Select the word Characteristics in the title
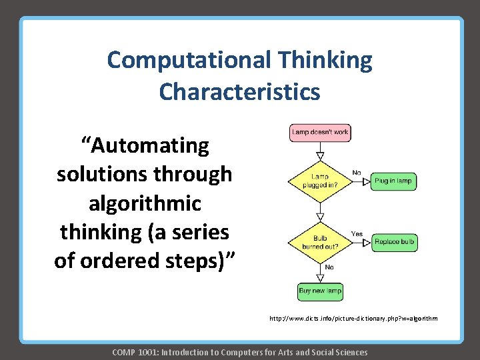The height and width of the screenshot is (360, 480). pos(239,91)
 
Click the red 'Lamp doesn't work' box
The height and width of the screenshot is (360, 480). pos(319,132)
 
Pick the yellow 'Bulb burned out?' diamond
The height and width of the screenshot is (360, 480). pos(319,241)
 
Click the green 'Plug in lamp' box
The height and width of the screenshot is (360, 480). pos(393,181)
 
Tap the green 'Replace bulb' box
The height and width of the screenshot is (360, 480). pos(395,241)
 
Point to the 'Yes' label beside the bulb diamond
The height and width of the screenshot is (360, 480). pos(357,234)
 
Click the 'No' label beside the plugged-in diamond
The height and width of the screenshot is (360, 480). pos(356,173)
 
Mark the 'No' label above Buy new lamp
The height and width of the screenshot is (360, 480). pos(329,267)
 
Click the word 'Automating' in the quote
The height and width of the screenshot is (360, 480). pos(145,145)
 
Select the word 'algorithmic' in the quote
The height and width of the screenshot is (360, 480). pos(145,203)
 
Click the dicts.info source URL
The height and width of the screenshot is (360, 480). pos(353,319)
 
